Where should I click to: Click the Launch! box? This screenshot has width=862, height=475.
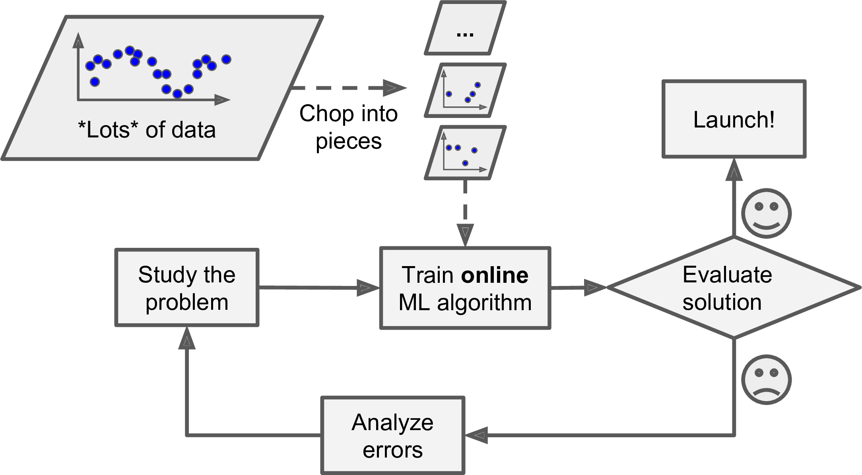click(x=734, y=119)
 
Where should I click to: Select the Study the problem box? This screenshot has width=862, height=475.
click(x=187, y=288)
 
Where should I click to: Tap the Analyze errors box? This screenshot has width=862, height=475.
click(x=392, y=436)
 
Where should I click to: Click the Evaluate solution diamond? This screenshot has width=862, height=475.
click(x=734, y=288)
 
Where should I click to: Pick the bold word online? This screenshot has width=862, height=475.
click(x=495, y=275)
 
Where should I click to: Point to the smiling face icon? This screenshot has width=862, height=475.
click(x=766, y=214)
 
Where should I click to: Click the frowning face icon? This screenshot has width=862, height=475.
click(x=766, y=380)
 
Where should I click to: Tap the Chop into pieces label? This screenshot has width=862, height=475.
click(x=348, y=127)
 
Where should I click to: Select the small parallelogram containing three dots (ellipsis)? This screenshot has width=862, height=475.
click(x=465, y=28)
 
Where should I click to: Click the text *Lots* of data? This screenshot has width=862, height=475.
click(x=147, y=130)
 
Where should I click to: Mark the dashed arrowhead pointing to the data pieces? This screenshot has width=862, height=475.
click(x=394, y=88)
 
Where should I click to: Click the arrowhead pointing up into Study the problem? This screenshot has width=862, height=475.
click(x=187, y=340)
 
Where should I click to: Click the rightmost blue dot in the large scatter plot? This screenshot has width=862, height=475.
click(x=226, y=60)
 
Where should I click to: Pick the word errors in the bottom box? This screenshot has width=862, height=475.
click(x=392, y=450)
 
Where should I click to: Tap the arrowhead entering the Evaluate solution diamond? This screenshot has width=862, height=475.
click(x=594, y=288)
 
